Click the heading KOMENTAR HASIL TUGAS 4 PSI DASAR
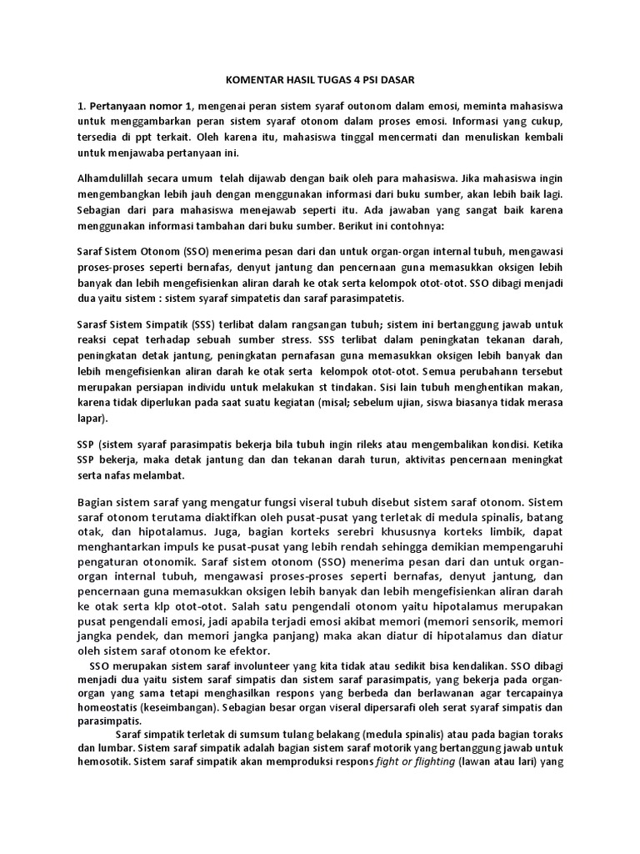pyautogui.click(x=319, y=80)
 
